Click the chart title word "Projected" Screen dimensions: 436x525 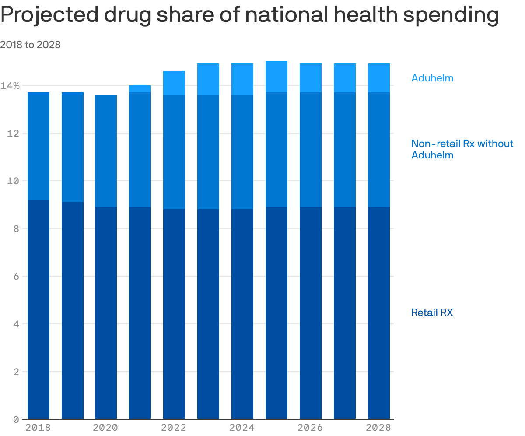pyautogui.click(x=49, y=16)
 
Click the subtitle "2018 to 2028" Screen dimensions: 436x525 pyautogui.click(x=30, y=45)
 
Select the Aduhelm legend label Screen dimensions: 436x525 pyautogui.click(x=432, y=78)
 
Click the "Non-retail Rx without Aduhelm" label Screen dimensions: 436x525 pyautogui.click(x=462, y=149)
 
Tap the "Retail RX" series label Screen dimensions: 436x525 pyautogui.click(x=432, y=313)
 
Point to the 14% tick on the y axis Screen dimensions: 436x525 pyautogui.click(x=10, y=86)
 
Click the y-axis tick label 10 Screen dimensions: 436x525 pyautogui.click(x=13, y=181)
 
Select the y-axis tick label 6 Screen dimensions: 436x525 pyautogui.click(x=16, y=277)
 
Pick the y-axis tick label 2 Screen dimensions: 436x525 pyautogui.click(x=16, y=372)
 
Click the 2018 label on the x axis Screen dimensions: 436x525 pyautogui.click(x=38, y=428)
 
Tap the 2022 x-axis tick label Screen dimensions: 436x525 pyautogui.click(x=174, y=428)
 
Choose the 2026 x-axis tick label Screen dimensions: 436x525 pyautogui.click(x=310, y=428)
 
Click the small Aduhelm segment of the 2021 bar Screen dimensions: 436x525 pyautogui.click(x=140, y=89)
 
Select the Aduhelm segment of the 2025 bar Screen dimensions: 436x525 pyautogui.click(x=276, y=77)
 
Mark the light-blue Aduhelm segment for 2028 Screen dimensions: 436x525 pyautogui.click(x=379, y=78)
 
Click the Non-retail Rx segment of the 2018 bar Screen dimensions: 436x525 pyautogui.click(x=38, y=146)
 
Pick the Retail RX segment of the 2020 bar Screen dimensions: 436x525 pyautogui.click(x=106, y=313)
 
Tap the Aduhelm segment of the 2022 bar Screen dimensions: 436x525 pyautogui.click(x=174, y=83)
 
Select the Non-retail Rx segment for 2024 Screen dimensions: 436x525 pyautogui.click(x=242, y=152)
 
